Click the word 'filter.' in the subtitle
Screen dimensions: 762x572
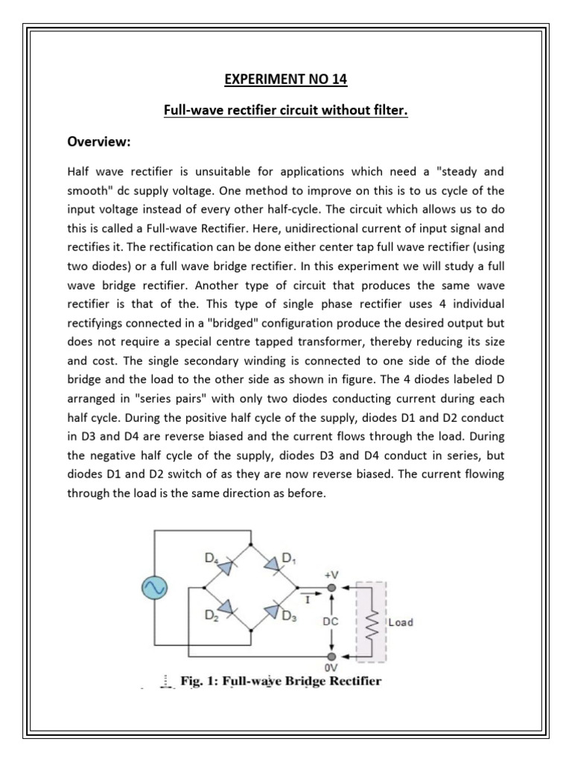pos(389,111)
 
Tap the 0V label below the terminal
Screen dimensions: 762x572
pos(332,669)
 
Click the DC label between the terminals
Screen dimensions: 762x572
pos(332,619)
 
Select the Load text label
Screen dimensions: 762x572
pos(401,621)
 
